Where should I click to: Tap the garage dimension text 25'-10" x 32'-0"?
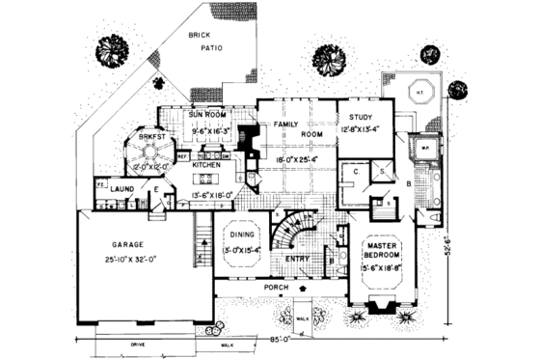[127, 260]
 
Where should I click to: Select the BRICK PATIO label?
[201, 38]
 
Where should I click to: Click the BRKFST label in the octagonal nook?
[150, 138]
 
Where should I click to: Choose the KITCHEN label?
[207, 165]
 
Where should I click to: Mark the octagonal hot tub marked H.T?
[421, 94]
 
